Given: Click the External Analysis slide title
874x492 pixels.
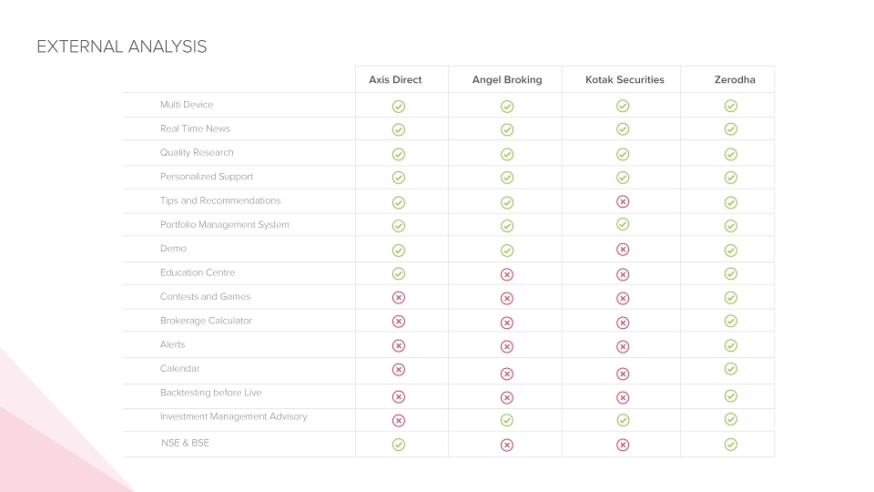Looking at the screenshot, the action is click(121, 46).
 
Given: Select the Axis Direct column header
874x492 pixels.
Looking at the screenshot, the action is click(395, 80).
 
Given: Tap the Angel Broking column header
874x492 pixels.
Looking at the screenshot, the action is click(507, 80).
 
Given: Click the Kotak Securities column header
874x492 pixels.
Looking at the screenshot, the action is click(625, 80).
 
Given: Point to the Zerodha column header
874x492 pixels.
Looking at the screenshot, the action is click(735, 80).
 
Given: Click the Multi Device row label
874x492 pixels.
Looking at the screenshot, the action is click(187, 104).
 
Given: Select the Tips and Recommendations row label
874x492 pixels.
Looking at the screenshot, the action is click(220, 200).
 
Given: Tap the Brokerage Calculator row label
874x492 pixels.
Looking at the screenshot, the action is click(206, 321).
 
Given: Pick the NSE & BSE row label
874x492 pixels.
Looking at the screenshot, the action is click(185, 443).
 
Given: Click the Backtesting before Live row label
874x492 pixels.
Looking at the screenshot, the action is click(210, 393).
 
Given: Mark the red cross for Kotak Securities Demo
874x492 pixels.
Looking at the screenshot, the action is click(623, 250).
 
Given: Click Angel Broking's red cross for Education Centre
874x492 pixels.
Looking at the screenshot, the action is click(507, 274).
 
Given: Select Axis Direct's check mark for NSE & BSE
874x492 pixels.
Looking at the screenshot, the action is click(399, 445).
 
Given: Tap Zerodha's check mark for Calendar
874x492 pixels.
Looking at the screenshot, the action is click(731, 369).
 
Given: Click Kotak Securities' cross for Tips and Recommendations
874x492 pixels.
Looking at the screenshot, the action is click(623, 201).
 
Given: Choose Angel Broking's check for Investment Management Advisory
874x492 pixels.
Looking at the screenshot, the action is click(507, 420).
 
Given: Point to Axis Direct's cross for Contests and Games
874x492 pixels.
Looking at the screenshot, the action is click(399, 297).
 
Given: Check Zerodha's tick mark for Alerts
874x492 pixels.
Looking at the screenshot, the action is click(731, 346).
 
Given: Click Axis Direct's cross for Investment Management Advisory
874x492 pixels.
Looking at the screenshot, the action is click(399, 421).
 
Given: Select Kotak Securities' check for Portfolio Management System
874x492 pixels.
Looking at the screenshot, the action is click(623, 224).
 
